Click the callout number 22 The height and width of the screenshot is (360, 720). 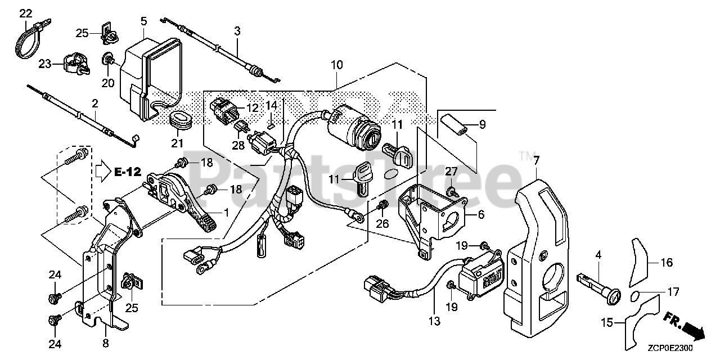click(x=26, y=13)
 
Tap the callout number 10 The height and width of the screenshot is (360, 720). click(x=336, y=65)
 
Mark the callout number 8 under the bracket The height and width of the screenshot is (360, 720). click(x=106, y=341)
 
